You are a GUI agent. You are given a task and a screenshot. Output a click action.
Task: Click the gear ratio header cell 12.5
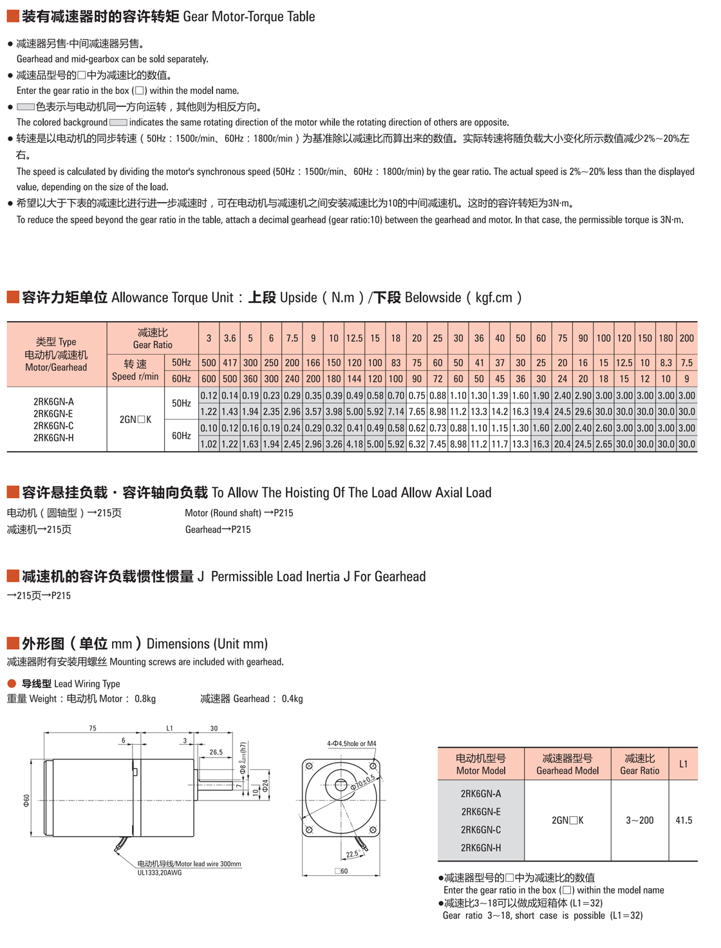[x=354, y=338]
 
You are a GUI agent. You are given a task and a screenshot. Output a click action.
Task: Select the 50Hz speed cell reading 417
[x=230, y=363]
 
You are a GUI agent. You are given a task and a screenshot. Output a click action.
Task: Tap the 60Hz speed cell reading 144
[x=354, y=379]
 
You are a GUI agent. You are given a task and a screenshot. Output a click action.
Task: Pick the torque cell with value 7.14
[x=396, y=412]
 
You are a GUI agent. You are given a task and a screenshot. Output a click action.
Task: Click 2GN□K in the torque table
[x=135, y=420]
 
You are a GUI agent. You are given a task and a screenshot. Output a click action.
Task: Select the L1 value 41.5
[x=684, y=821]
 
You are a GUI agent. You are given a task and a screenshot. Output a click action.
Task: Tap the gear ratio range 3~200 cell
[x=639, y=821]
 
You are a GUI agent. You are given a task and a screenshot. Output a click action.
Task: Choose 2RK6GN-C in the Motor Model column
[x=481, y=830]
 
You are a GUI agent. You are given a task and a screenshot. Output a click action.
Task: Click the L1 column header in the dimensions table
[x=684, y=764]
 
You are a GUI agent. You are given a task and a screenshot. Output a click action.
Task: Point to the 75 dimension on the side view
[x=93, y=729]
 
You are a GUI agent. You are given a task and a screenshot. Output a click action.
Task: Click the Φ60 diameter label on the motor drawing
[x=26, y=800]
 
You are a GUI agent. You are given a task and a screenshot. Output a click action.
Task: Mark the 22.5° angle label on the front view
[x=351, y=854]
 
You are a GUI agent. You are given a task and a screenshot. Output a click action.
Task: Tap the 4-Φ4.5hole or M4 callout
[x=351, y=743]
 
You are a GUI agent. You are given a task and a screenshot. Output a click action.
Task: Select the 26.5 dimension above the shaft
[x=216, y=752]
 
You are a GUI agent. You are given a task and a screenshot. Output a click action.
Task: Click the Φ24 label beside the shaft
[x=265, y=786]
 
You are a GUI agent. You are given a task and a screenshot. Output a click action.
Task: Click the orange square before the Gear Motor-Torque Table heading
[x=12, y=16]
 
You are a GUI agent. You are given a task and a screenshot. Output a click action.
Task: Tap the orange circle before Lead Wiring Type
[x=12, y=683]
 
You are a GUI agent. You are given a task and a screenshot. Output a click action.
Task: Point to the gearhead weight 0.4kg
[x=292, y=699]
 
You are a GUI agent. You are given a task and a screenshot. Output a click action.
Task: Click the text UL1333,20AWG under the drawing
[x=160, y=873]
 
